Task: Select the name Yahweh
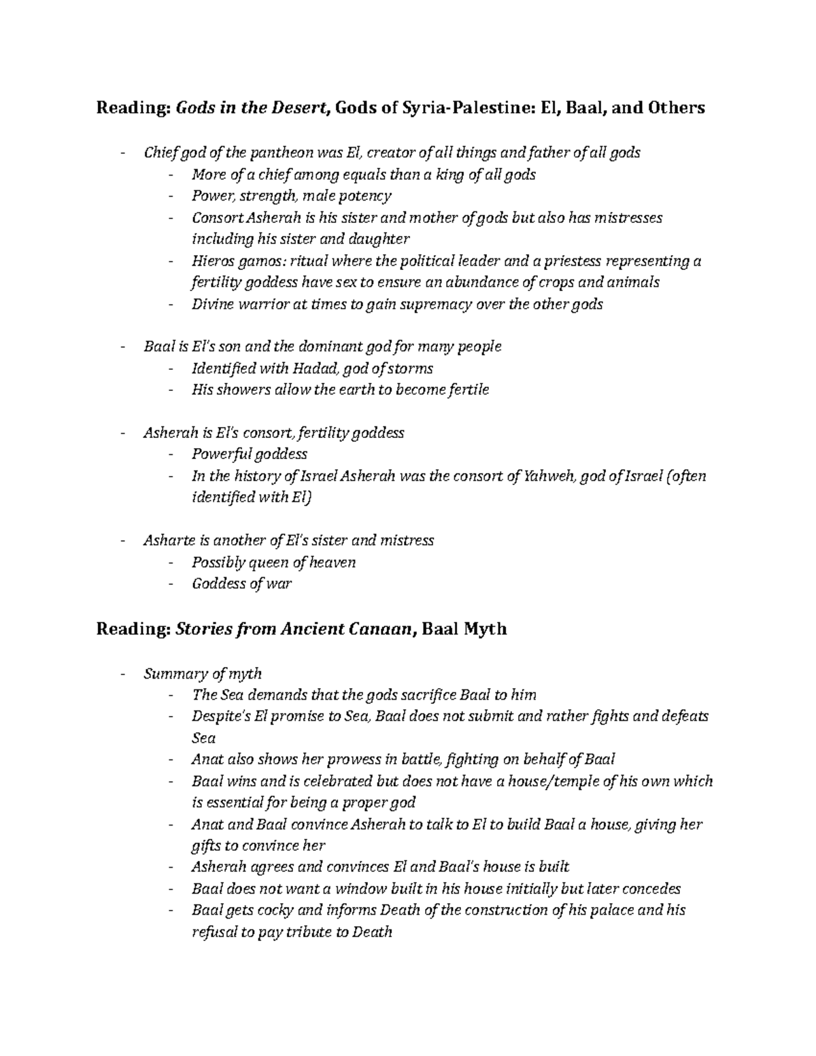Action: click(x=549, y=476)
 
